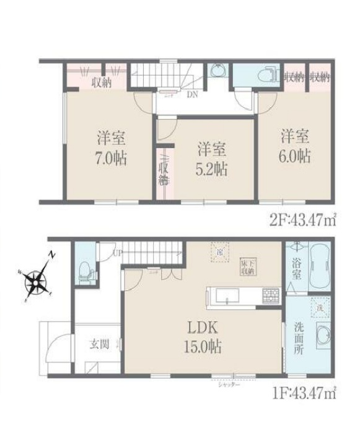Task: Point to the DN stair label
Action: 193,95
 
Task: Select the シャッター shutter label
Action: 228,385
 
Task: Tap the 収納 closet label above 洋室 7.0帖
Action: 102,82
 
